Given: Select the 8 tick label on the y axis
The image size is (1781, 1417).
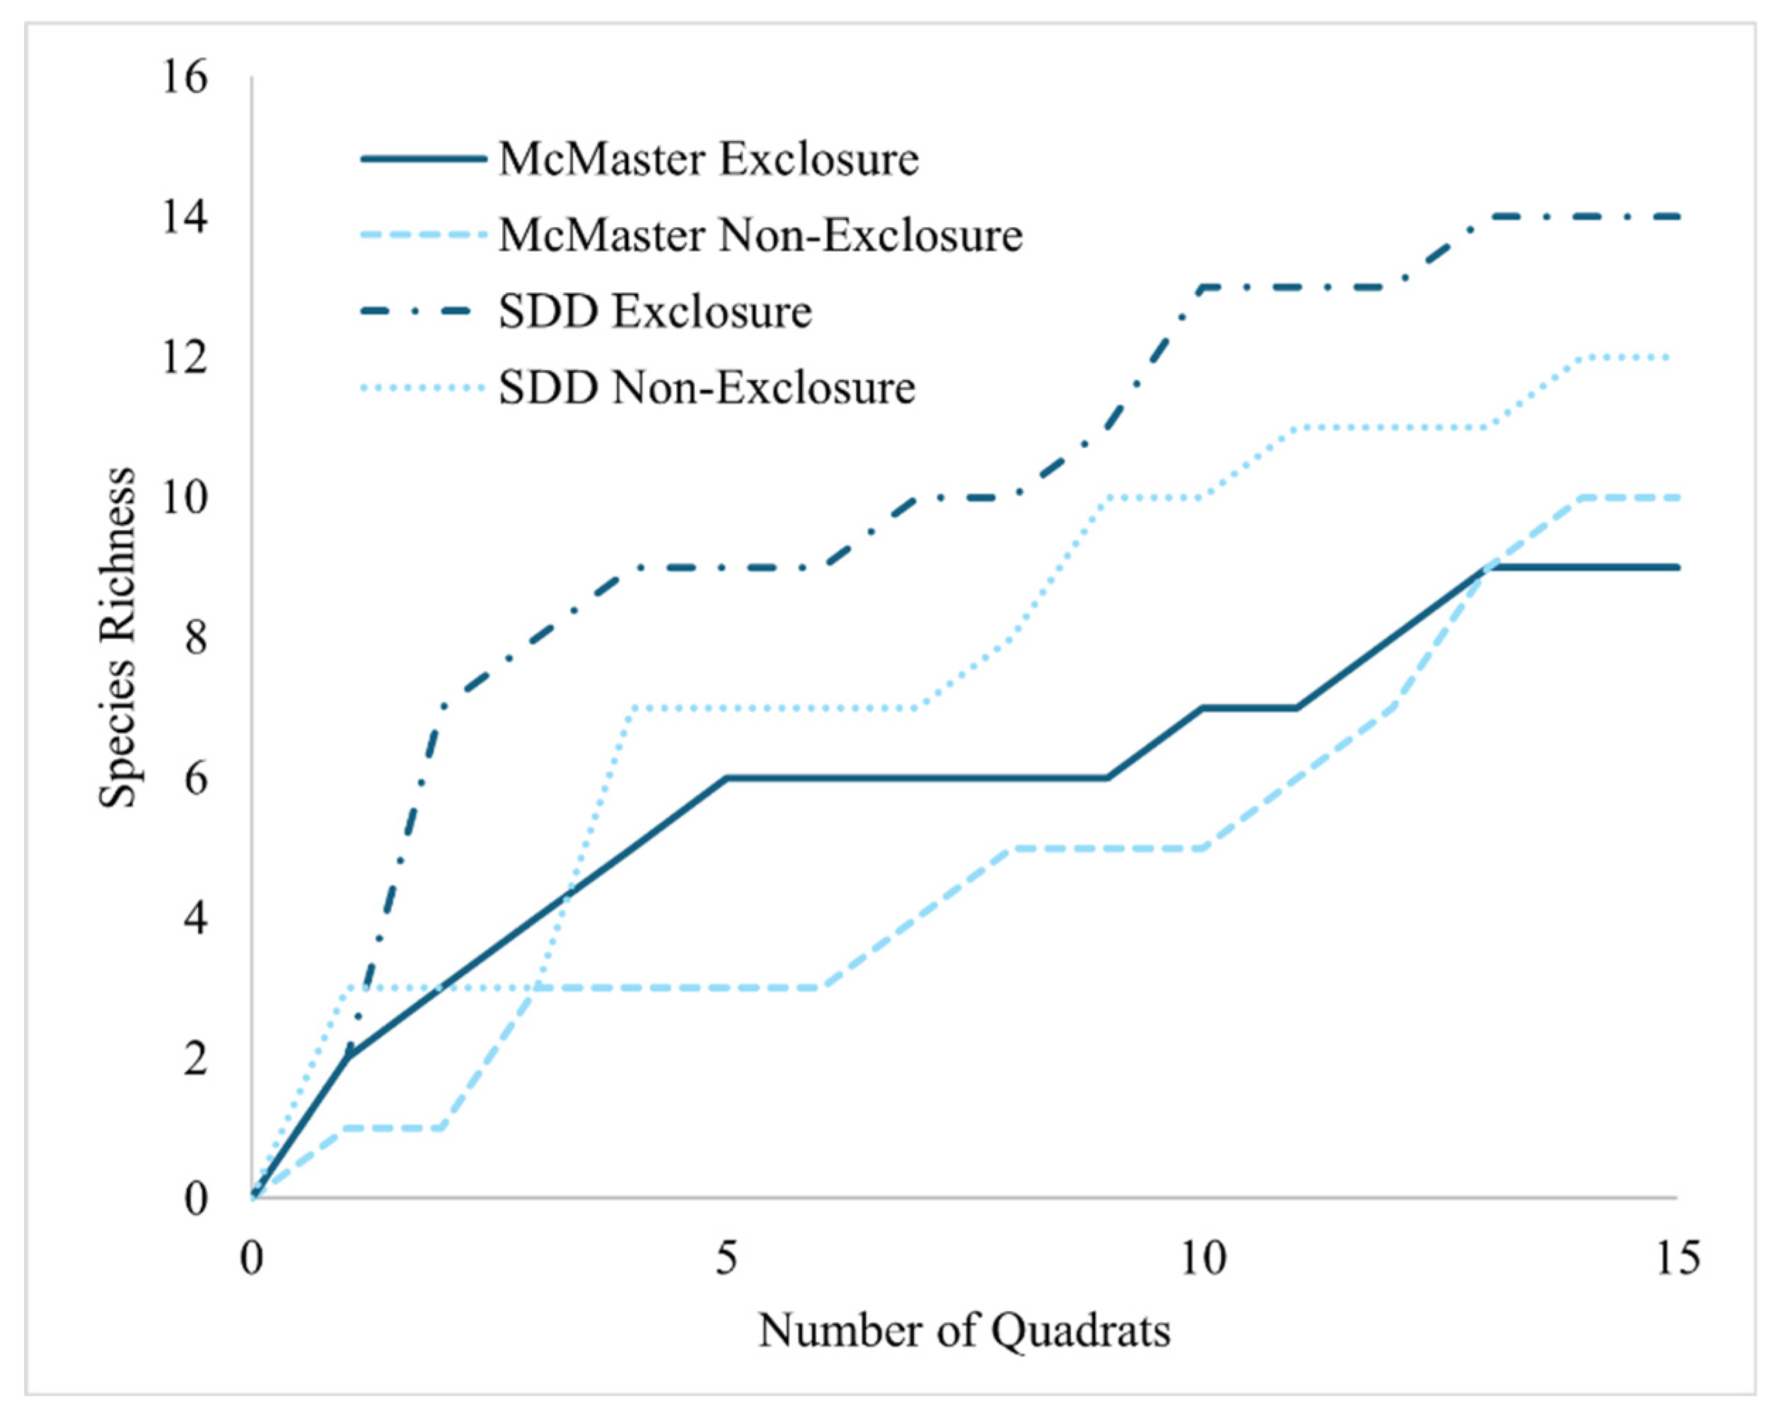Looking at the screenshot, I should tap(195, 638).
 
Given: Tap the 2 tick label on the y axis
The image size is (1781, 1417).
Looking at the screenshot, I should tap(195, 1058).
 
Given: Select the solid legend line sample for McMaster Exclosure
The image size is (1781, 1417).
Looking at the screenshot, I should tap(423, 158).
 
